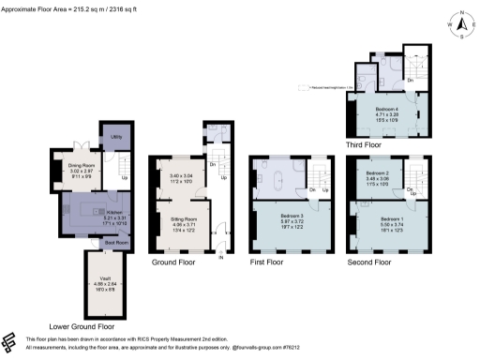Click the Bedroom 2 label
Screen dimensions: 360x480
[377, 173]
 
